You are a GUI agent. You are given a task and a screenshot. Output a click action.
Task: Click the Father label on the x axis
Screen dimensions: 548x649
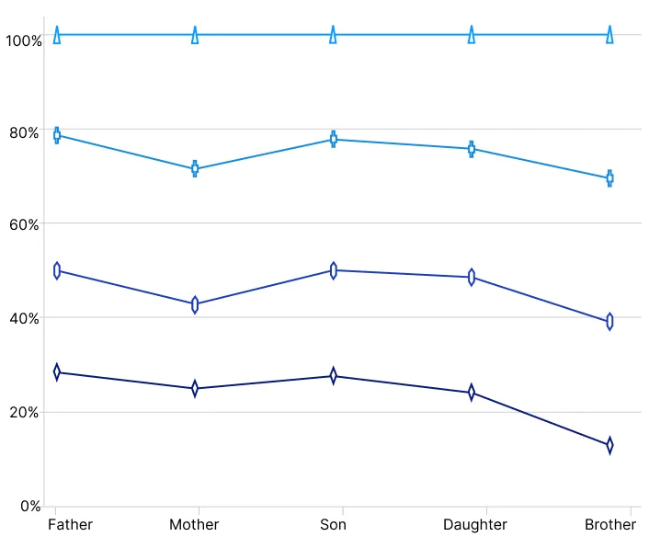[70, 525]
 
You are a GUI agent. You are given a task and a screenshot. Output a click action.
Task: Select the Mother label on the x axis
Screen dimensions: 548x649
[194, 525]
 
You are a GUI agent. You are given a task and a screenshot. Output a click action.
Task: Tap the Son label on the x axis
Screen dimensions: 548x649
[333, 525]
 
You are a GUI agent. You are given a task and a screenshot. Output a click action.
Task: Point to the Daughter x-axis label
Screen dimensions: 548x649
[474, 525]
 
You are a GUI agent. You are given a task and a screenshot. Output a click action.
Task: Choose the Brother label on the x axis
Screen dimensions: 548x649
[609, 525]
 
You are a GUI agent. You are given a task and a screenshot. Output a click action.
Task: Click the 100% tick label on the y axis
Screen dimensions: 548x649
[23, 40]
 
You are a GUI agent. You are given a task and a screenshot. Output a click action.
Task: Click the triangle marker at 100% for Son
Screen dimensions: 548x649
[333, 35]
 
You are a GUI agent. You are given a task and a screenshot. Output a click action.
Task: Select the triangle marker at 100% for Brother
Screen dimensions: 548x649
[609, 35]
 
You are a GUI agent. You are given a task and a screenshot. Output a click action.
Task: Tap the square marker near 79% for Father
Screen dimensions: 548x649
[57, 135]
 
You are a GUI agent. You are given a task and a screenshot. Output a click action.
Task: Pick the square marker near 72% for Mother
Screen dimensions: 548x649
[195, 169]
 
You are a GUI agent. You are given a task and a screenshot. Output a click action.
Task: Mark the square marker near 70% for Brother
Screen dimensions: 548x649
[609, 178]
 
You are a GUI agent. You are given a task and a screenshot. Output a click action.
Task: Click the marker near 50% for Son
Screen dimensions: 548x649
[333, 270]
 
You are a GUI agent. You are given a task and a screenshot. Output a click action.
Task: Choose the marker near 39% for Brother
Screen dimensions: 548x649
[609, 322]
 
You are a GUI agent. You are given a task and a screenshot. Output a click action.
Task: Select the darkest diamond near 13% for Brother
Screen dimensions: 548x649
[609, 445]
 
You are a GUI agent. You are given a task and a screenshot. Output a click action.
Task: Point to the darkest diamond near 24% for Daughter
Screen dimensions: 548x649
[472, 393]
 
